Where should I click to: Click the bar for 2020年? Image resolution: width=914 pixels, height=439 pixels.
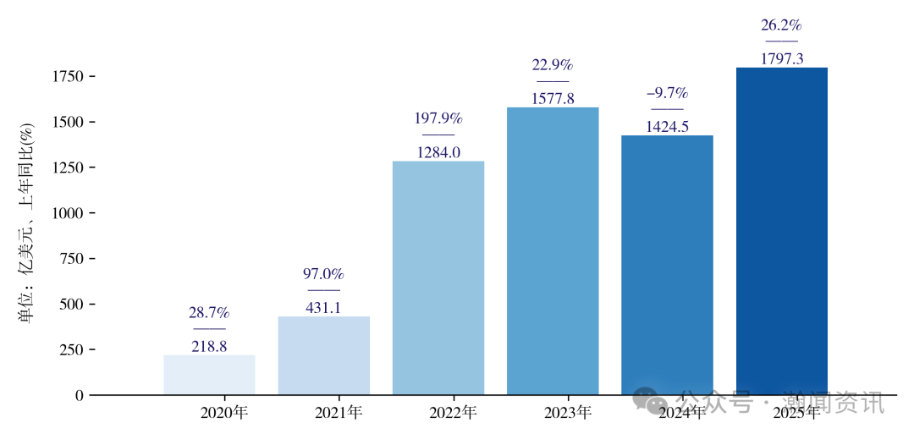pyautogui.click(x=209, y=375)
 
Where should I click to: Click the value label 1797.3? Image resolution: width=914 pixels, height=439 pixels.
pyautogui.click(x=781, y=58)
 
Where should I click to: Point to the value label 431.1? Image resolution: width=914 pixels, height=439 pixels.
pyautogui.click(x=323, y=308)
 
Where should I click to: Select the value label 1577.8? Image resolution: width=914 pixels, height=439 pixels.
pyautogui.click(x=553, y=98)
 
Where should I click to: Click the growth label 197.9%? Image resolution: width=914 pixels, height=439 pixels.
pyautogui.click(x=438, y=118)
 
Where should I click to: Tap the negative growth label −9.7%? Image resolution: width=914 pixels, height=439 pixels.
pyautogui.click(x=667, y=93)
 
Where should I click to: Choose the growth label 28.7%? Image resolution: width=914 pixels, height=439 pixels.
pyautogui.click(x=209, y=313)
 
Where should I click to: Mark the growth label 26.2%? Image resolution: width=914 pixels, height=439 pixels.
pyautogui.click(x=781, y=25)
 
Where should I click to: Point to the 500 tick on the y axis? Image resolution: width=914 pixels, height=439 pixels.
pyautogui.click(x=73, y=305)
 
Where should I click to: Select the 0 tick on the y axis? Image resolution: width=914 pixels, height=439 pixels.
pyautogui.click(x=80, y=395)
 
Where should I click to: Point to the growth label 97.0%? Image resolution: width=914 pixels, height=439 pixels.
pyautogui.click(x=323, y=274)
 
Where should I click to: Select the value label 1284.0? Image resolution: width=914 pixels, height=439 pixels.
pyautogui.click(x=438, y=152)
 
